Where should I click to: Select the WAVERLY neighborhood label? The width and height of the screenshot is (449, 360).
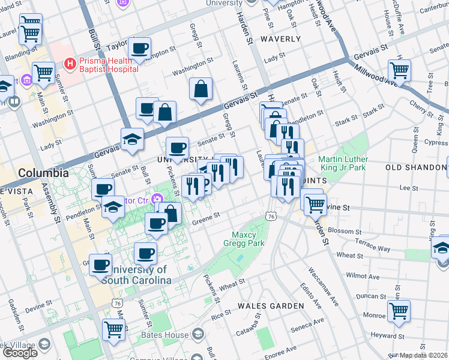point(280,39)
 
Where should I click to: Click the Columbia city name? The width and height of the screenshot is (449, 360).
point(43,173)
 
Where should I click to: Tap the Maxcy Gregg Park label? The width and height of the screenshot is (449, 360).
point(244,239)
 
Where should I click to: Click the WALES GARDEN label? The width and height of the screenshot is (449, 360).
point(271,305)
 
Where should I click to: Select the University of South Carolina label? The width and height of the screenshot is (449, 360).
point(134,275)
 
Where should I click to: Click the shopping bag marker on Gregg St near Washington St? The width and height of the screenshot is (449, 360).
point(200,89)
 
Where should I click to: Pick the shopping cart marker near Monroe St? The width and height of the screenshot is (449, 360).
point(398,311)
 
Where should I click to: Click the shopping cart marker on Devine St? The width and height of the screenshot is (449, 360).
point(315,204)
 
